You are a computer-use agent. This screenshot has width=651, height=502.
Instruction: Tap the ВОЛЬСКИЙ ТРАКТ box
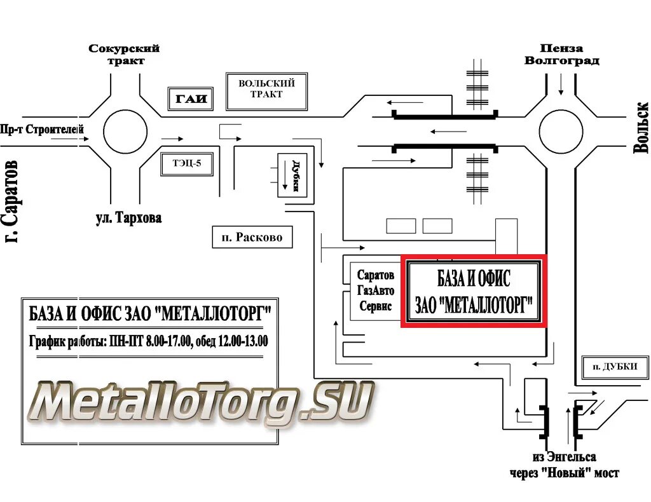(266, 89)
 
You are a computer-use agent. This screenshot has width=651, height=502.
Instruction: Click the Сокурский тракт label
(124, 55)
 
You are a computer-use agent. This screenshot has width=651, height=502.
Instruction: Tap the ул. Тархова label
(128, 218)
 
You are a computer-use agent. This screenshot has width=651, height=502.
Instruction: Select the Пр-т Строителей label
(43, 129)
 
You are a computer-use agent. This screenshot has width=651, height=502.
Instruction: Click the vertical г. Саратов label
(11, 201)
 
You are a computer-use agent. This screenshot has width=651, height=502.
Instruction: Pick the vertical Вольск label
(641, 127)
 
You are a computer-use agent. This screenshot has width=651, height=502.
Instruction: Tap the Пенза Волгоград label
(561, 55)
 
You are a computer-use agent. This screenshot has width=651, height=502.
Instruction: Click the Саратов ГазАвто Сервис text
(376, 290)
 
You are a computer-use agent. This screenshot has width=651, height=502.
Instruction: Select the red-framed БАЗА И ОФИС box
(473, 291)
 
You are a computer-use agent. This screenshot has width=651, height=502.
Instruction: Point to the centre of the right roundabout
(561, 132)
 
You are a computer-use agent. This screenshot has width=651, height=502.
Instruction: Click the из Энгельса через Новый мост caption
(564, 465)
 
